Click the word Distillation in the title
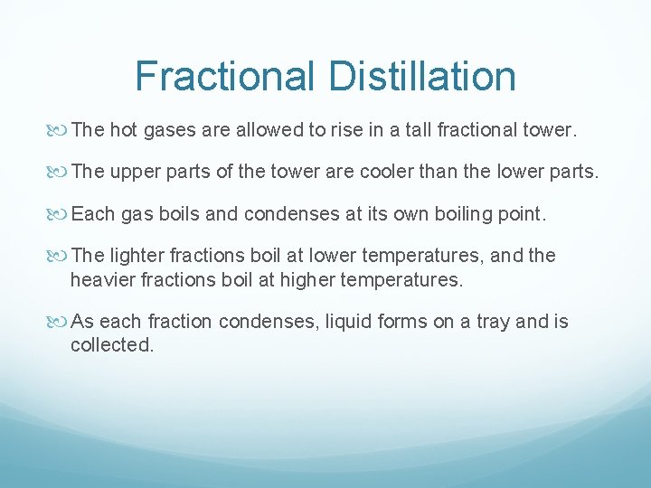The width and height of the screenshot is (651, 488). [x=422, y=76]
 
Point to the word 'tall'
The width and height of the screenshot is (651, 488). [x=417, y=130]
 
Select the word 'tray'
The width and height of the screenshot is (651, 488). [x=492, y=323]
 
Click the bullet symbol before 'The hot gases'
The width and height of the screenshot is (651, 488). [x=60, y=130]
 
